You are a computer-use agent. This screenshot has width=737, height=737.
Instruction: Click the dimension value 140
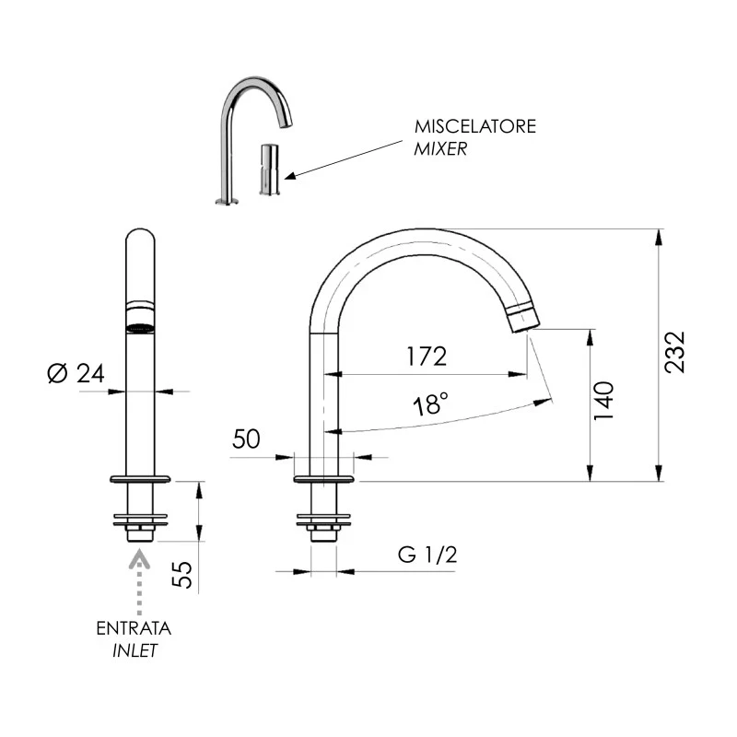click(x=604, y=401)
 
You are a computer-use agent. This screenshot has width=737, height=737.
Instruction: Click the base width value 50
click(x=246, y=439)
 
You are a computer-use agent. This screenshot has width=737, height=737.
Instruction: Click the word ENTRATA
click(x=134, y=629)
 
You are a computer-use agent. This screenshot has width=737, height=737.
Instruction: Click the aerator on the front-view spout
click(x=139, y=325)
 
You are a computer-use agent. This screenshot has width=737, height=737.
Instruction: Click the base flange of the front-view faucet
click(x=140, y=478)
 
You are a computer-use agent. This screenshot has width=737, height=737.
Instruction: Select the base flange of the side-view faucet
click(x=323, y=478)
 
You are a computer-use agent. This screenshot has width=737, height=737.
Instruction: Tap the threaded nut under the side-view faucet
click(x=323, y=532)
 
